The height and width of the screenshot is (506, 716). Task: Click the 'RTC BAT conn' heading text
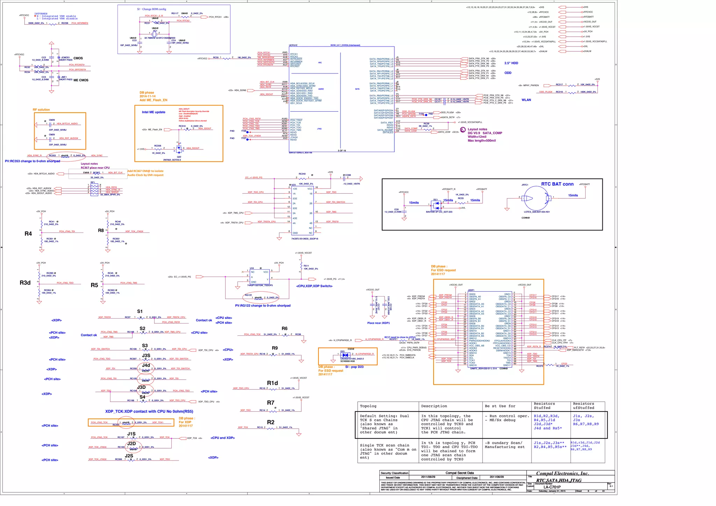pos(557,184)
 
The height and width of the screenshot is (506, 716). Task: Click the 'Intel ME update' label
pos(153,112)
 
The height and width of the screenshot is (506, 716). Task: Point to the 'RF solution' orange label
pos(41,110)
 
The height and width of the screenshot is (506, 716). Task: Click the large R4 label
pos(28,234)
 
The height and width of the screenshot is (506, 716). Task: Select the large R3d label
pos(25,283)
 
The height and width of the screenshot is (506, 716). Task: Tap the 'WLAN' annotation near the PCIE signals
pos(526,100)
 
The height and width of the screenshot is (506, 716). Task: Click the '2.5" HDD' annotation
pos(511,63)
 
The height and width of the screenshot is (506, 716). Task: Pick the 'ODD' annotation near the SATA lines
pos(508,73)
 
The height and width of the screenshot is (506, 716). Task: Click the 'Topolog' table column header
pos(368,406)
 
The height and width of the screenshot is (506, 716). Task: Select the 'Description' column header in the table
pos(434,406)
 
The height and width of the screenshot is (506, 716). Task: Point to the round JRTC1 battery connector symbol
pos(535,198)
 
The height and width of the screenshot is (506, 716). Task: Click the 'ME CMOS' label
pos(81,80)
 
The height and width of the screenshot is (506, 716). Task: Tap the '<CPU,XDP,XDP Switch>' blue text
pos(314,286)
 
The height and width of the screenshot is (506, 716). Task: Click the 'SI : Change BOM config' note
pos(151,9)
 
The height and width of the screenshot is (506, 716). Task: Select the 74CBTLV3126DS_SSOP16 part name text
pos(305,239)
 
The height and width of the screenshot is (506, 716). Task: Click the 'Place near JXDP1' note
pos(378,323)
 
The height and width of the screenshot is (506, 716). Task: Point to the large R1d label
pos(272,383)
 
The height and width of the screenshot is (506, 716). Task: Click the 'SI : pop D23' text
pos(354,367)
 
